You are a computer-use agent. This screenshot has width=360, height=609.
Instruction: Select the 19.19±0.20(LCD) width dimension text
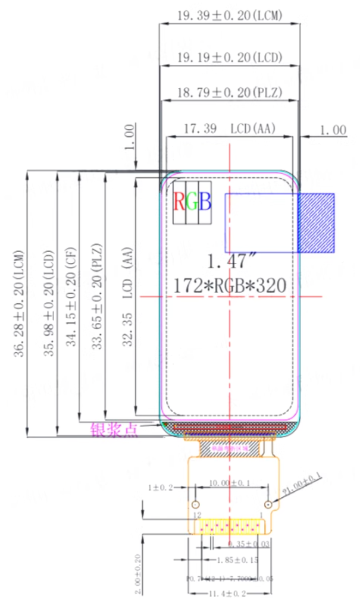229,57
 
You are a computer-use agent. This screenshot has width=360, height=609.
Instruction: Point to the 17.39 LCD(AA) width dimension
229,128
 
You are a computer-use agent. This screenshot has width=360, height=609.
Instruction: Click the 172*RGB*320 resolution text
230,285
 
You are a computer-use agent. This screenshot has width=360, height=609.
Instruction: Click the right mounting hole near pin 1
268,504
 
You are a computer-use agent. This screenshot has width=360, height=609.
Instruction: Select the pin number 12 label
197,514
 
